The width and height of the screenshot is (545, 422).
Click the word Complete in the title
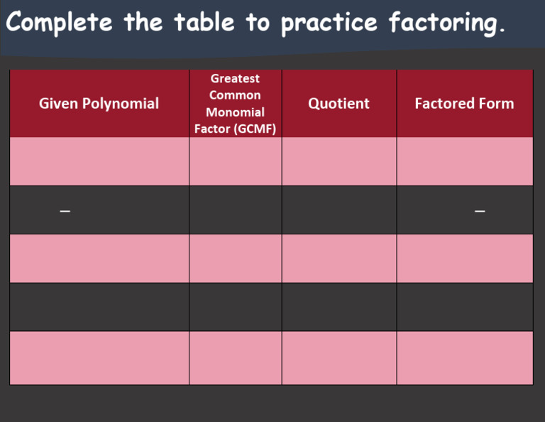(59, 23)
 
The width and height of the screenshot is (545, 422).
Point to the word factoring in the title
(447, 23)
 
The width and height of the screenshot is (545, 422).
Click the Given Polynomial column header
(99, 104)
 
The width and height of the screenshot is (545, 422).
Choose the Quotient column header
(338, 104)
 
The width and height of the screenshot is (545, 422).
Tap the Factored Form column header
(464, 104)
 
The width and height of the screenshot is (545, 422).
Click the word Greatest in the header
(235, 78)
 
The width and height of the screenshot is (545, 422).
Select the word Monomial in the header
(235, 112)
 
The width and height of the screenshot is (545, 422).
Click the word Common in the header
(235, 95)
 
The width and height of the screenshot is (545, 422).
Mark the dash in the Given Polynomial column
(65, 211)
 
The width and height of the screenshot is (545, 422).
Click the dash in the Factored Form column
(480, 211)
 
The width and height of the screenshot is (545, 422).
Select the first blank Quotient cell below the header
(338, 161)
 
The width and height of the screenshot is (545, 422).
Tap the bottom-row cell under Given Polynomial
(99, 357)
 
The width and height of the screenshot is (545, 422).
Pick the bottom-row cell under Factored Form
(464, 357)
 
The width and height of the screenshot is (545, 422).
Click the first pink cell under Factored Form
(464, 161)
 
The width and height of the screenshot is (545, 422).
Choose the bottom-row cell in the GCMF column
(235, 357)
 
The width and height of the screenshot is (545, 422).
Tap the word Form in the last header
(497, 104)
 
